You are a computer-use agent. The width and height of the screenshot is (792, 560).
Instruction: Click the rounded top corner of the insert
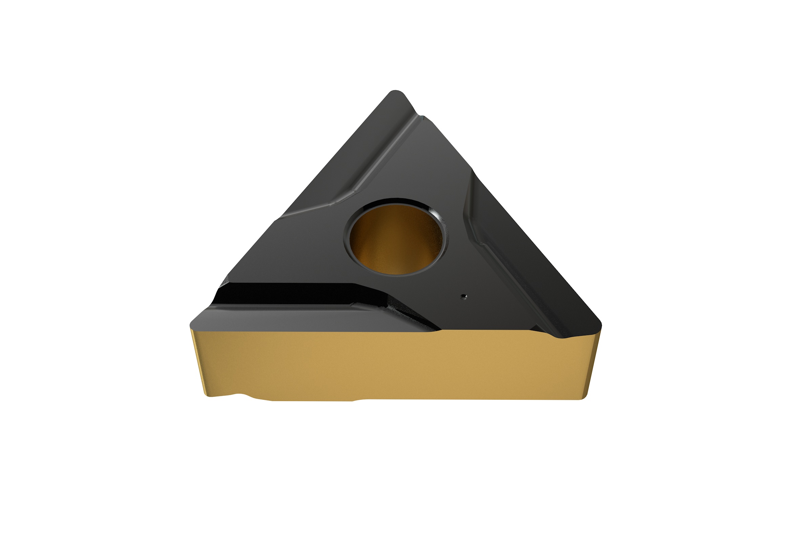coord(397,94)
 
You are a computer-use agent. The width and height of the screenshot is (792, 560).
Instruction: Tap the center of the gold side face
coord(393,366)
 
